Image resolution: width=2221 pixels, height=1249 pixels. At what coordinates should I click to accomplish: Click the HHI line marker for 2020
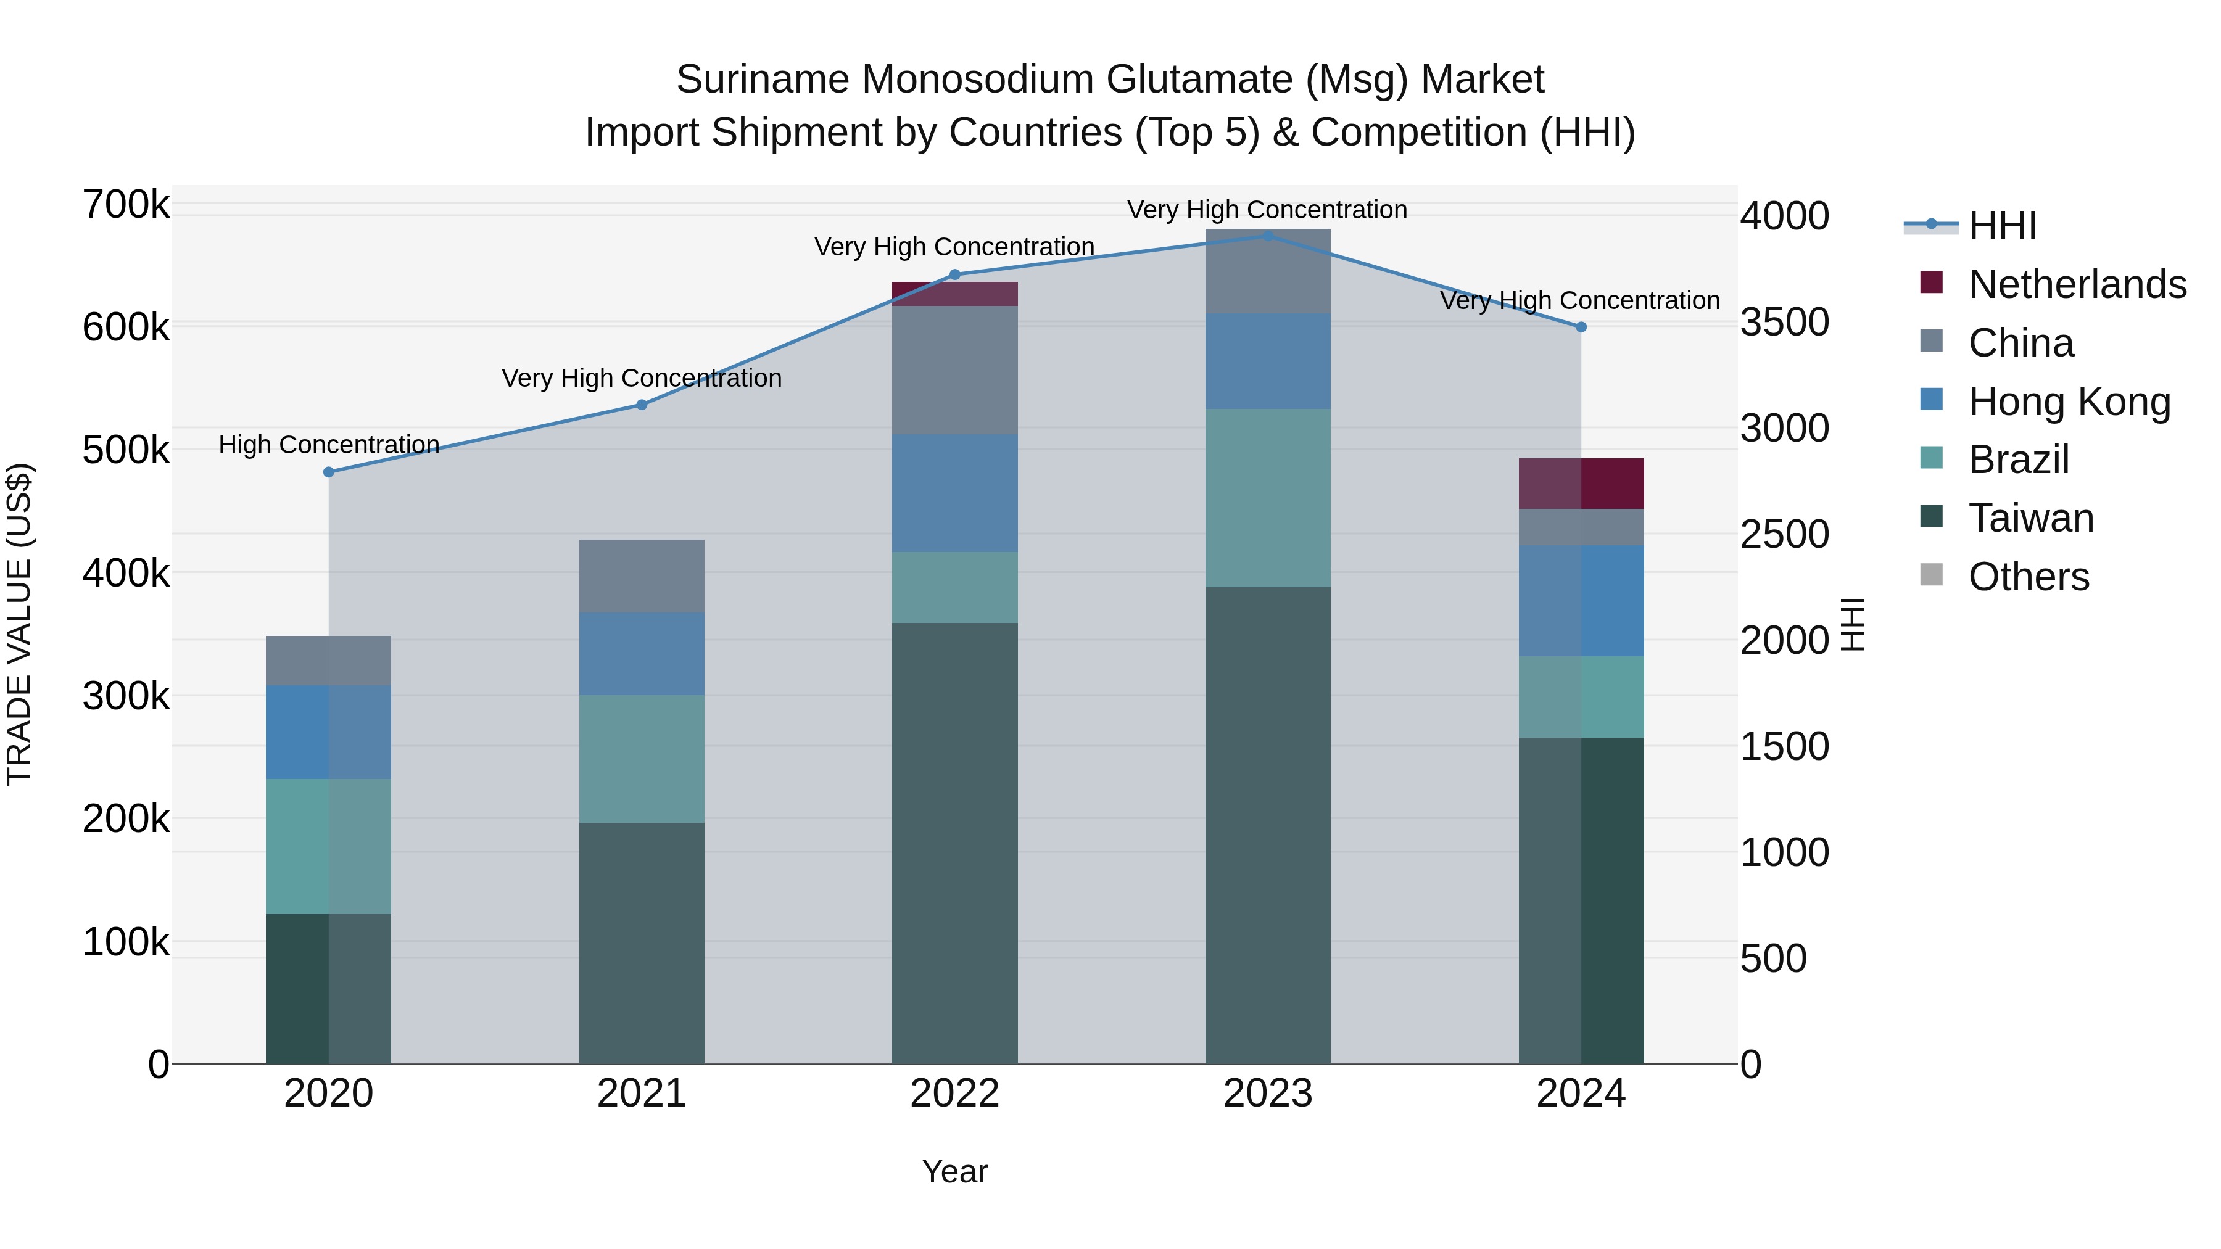(328, 472)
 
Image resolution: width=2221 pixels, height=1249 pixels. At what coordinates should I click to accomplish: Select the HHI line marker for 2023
(1267, 236)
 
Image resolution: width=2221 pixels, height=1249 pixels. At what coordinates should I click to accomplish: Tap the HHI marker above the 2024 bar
(1581, 328)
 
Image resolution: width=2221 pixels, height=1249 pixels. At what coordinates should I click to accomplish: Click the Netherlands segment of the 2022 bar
(954, 295)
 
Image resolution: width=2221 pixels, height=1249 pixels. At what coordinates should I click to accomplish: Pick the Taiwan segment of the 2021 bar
(642, 943)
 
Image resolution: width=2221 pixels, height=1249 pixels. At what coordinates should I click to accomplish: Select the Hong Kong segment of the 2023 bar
(1267, 361)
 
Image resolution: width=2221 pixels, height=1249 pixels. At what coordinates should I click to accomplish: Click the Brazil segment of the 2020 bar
(328, 846)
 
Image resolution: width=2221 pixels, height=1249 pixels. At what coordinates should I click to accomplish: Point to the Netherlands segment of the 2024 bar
(1581, 484)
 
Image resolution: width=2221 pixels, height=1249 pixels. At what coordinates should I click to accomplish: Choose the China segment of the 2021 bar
(642, 576)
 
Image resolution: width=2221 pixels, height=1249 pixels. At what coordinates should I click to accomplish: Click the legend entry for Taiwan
(2030, 518)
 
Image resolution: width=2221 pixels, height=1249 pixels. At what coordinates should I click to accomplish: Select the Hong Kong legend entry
(2069, 402)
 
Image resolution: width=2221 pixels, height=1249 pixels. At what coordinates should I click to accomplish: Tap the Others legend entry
(2028, 577)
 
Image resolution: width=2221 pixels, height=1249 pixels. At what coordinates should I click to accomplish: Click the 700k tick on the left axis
(126, 205)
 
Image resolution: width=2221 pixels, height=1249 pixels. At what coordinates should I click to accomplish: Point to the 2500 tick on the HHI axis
(1784, 534)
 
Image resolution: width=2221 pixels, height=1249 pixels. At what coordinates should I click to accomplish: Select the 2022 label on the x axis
(954, 1094)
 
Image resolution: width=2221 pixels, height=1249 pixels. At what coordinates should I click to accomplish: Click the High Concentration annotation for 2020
(328, 445)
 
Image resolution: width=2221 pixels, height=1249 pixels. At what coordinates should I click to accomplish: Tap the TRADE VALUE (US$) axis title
(19, 624)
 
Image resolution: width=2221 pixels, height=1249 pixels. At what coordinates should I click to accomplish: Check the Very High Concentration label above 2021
(642, 379)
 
